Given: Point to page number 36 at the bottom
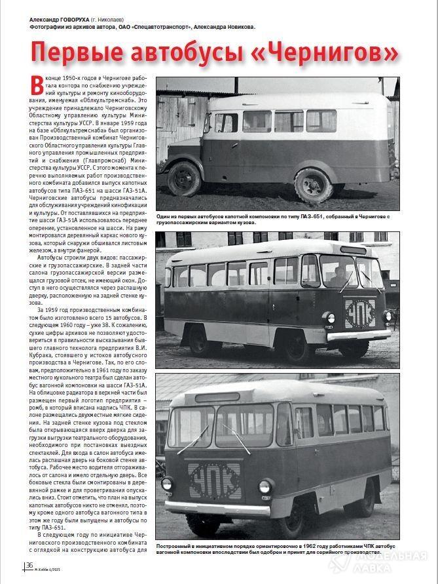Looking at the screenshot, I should [x=29, y=565].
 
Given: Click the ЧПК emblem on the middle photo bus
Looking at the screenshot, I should [x=360, y=314].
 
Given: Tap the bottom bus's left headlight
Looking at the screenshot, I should [x=167, y=484].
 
